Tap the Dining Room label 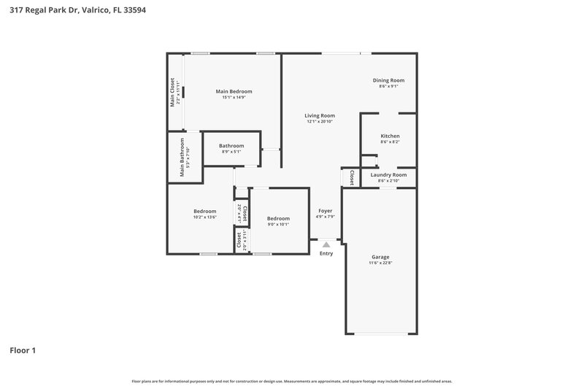coord(388,80)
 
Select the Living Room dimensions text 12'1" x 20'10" coord(320,122)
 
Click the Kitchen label coord(390,136)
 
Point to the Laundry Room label coord(388,175)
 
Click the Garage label coord(380,257)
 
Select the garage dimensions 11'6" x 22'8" coord(380,263)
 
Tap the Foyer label coord(325,210)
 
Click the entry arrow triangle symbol coord(326,245)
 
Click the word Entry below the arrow coord(326,253)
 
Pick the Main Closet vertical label coord(173,93)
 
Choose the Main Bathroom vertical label coord(182,157)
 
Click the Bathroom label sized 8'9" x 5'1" coord(231,146)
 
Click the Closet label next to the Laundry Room coord(352,177)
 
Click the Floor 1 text coord(23,350)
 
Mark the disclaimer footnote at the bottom coord(292,381)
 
